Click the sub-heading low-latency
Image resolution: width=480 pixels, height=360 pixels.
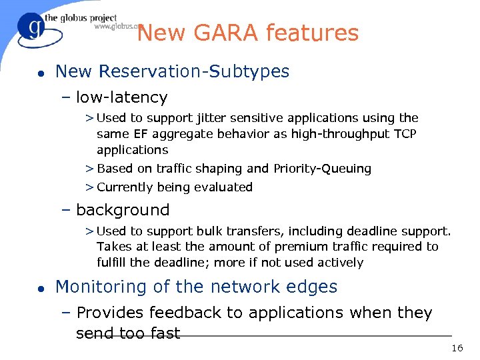point(121,97)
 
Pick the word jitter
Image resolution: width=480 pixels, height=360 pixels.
point(213,118)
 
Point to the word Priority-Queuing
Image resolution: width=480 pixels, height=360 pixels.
point(322,169)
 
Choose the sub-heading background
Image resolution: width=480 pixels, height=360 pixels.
point(123,210)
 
